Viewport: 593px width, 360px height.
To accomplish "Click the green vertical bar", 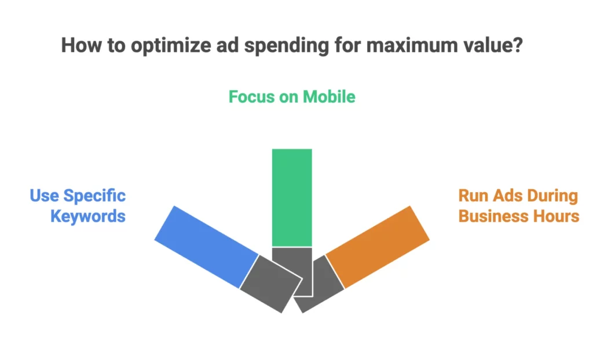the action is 292,198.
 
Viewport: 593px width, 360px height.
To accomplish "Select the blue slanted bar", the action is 207,247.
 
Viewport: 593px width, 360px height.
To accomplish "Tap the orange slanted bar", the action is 378,247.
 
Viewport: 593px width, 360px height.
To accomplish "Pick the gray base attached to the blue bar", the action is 271,284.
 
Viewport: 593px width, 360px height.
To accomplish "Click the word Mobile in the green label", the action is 329,97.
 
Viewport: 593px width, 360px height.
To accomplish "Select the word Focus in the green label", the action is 251,97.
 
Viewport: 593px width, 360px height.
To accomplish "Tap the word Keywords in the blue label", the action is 88,216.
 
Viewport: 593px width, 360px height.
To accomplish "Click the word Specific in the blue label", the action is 94,196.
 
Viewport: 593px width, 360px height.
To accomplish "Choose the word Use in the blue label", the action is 44,196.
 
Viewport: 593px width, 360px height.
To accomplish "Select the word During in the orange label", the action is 552,196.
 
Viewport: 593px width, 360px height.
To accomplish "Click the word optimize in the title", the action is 171,45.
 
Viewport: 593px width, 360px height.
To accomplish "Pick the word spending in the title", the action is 286,45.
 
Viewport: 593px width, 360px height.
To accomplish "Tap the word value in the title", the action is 489,45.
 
